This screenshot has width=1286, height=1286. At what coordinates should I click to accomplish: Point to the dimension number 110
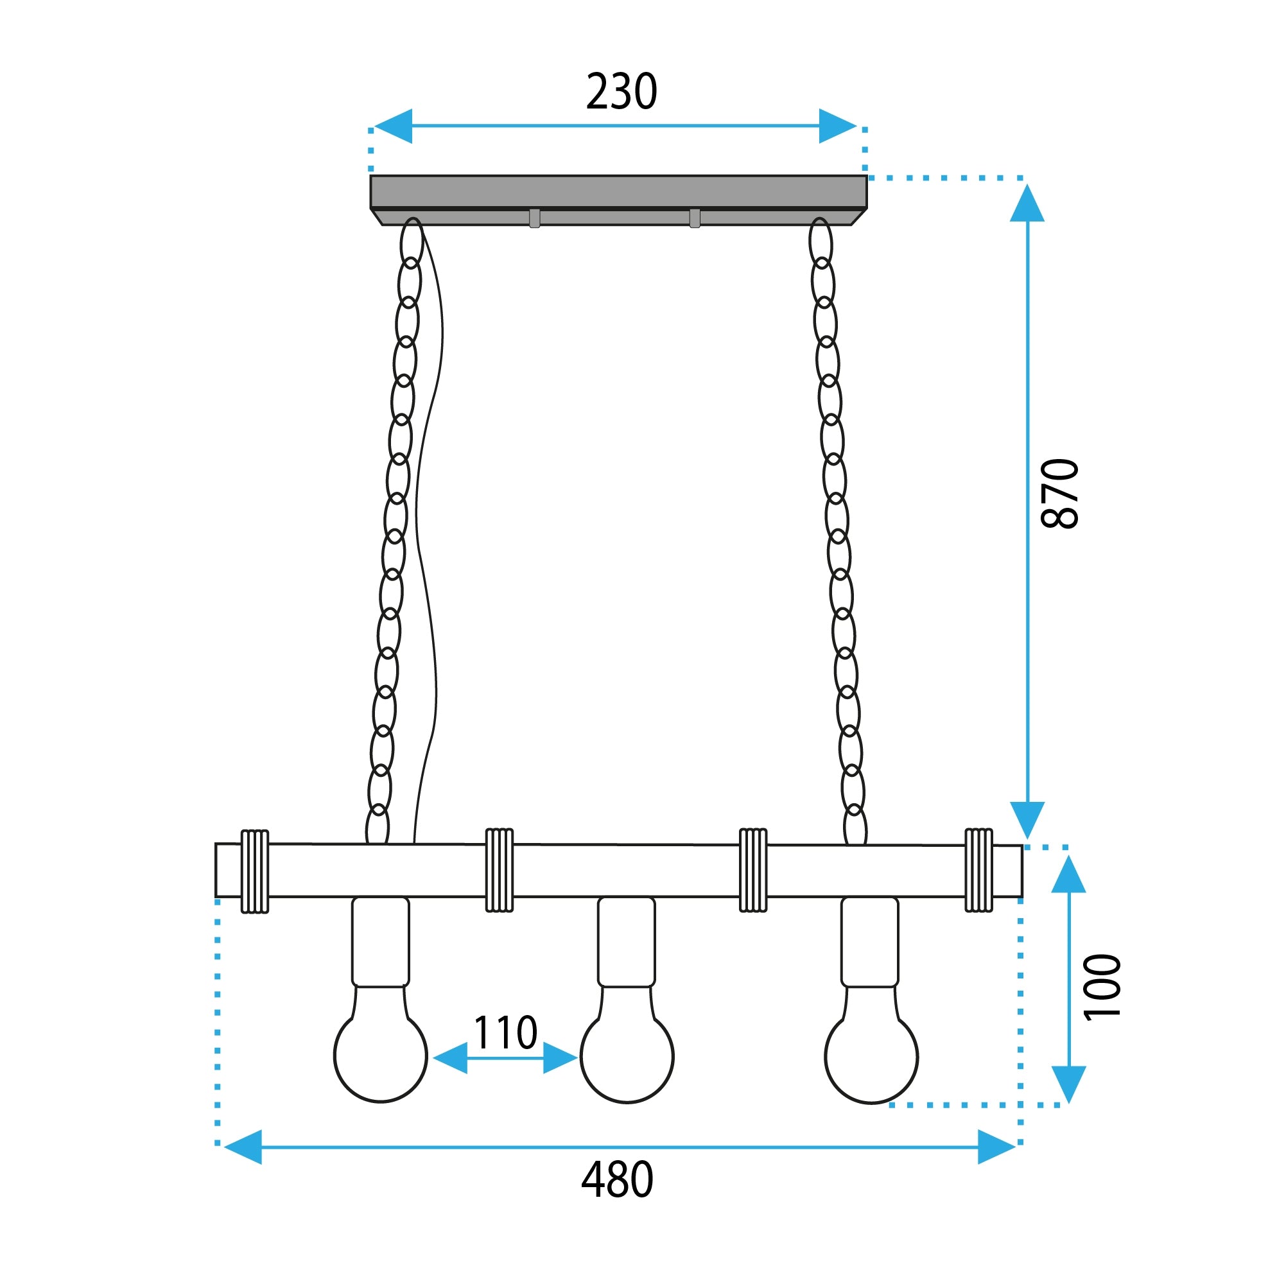[505, 1033]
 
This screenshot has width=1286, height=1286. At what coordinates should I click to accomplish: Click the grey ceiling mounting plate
[618, 193]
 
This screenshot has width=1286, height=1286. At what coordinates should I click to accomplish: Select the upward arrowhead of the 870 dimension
[1027, 204]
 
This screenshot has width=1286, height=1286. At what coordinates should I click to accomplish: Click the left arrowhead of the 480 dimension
[243, 1147]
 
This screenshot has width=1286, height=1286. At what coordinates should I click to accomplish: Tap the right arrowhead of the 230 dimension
[837, 126]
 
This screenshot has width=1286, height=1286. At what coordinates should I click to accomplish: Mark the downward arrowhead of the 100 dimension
[1068, 1084]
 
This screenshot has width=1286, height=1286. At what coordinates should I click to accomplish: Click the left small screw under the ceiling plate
[535, 218]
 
